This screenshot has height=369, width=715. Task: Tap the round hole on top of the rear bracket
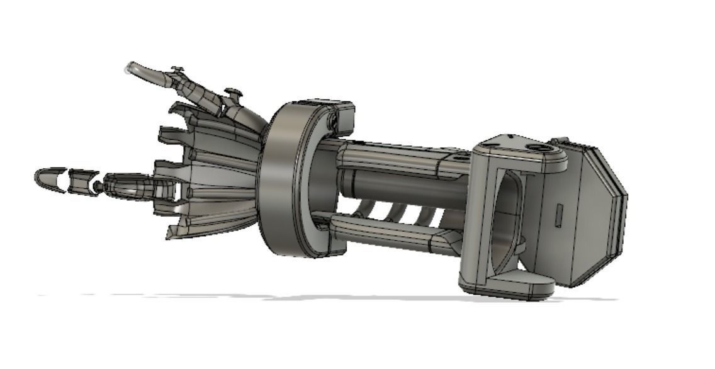tap(539, 148)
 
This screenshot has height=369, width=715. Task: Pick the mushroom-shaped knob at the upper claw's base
tap(234, 94)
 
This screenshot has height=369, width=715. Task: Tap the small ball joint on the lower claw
tap(98, 186)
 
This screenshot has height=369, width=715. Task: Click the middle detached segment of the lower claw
tap(81, 182)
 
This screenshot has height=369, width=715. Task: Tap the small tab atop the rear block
tap(559, 141)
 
